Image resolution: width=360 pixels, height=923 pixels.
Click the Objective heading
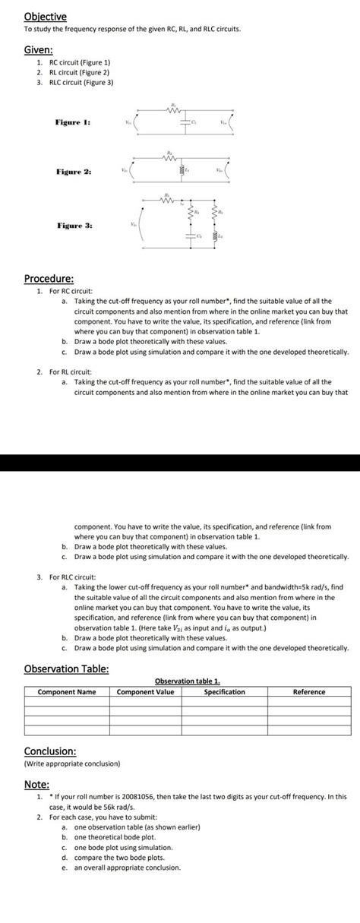[x=45, y=16]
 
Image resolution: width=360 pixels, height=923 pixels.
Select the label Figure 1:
[x=73, y=122]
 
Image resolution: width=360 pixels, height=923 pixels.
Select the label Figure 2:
[x=73, y=172]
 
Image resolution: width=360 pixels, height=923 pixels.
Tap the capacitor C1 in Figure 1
[x=183, y=121]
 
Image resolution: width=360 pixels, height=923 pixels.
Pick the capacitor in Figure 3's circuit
[x=189, y=239]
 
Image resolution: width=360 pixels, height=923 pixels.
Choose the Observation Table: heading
[x=66, y=669]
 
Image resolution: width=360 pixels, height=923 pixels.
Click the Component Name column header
[x=67, y=692]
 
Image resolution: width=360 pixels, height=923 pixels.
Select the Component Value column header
[x=145, y=692]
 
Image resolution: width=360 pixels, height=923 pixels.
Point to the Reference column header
[x=309, y=692]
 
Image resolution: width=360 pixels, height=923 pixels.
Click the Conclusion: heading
[x=50, y=751]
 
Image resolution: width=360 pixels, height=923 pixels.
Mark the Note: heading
[x=36, y=784]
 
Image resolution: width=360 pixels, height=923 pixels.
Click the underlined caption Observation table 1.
[x=187, y=681]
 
